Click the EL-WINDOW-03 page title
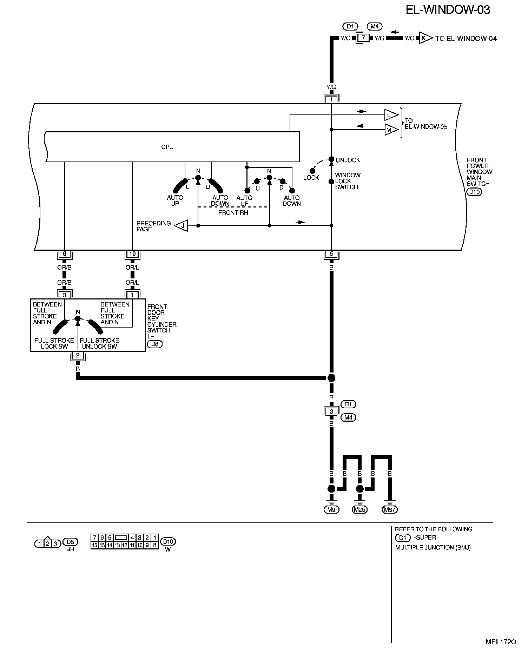pos(448,10)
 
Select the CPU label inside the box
pos(167,147)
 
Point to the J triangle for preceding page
pos(181,226)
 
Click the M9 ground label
pos(331,510)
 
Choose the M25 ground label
pos(359,510)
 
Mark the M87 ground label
pos(390,510)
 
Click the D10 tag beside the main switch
pos(474,192)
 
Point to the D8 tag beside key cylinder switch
pos(155,344)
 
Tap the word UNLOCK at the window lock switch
pos(348,160)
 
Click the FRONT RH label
pos(233,213)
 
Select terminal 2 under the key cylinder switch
pos(78,356)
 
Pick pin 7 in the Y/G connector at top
pos(364,38)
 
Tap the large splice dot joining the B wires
pos(331,378)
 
